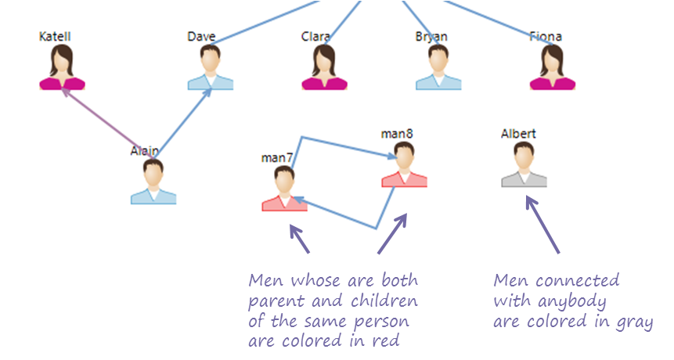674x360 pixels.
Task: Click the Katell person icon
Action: click(x=63, y=67)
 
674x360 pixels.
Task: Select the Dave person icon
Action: click(x=211, y=67)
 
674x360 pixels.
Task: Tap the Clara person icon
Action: click(x=325, y=67)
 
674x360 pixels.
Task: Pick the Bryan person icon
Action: click(x=438, y=67)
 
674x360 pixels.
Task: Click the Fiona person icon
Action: click(x=553, y=67)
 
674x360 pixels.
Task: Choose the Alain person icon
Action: click(x=153, y=182)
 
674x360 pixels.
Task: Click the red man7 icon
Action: click(x=285, y=189)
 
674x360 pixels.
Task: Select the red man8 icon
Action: click(x=405, y=164)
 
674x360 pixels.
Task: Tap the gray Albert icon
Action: click(x=524, y=164)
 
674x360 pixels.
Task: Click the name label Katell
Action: click(x=55, y=37)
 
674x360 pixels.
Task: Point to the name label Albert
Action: click(x=518, y=134)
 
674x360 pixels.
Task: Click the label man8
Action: click(x=397, y=134)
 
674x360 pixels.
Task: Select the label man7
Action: click(x=277, y=157)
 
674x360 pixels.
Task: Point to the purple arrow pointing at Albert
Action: click(x=542, y=225)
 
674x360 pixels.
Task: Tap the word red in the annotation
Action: click(x=386, y=341)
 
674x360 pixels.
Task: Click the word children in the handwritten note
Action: click(x=384, y=301)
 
